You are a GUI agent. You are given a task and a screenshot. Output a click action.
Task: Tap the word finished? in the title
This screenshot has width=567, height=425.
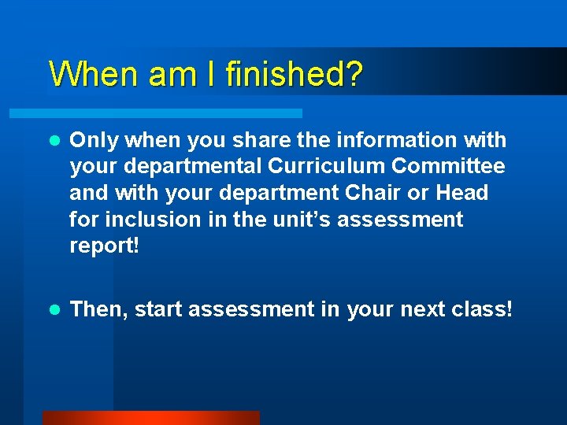pyautogui.click(x=294, y=74)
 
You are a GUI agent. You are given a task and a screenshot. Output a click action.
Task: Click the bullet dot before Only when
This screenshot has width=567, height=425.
pyautogui.click(x=54, y=141)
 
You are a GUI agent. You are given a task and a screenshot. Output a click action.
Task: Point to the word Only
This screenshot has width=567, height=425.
pyautogui.click(x=93, y=140)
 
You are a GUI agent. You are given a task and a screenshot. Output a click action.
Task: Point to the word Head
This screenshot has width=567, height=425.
pyautogui.click(x=461, y=193)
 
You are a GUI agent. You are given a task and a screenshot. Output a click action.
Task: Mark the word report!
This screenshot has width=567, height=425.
pyautogui.click(x=105, y=246)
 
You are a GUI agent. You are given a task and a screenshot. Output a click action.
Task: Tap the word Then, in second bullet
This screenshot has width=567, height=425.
pyautogui.click(x=99, y=309)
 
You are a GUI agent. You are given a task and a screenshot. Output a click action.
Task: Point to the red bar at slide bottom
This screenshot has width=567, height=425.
pyautogui.click(x=150, y=418)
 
